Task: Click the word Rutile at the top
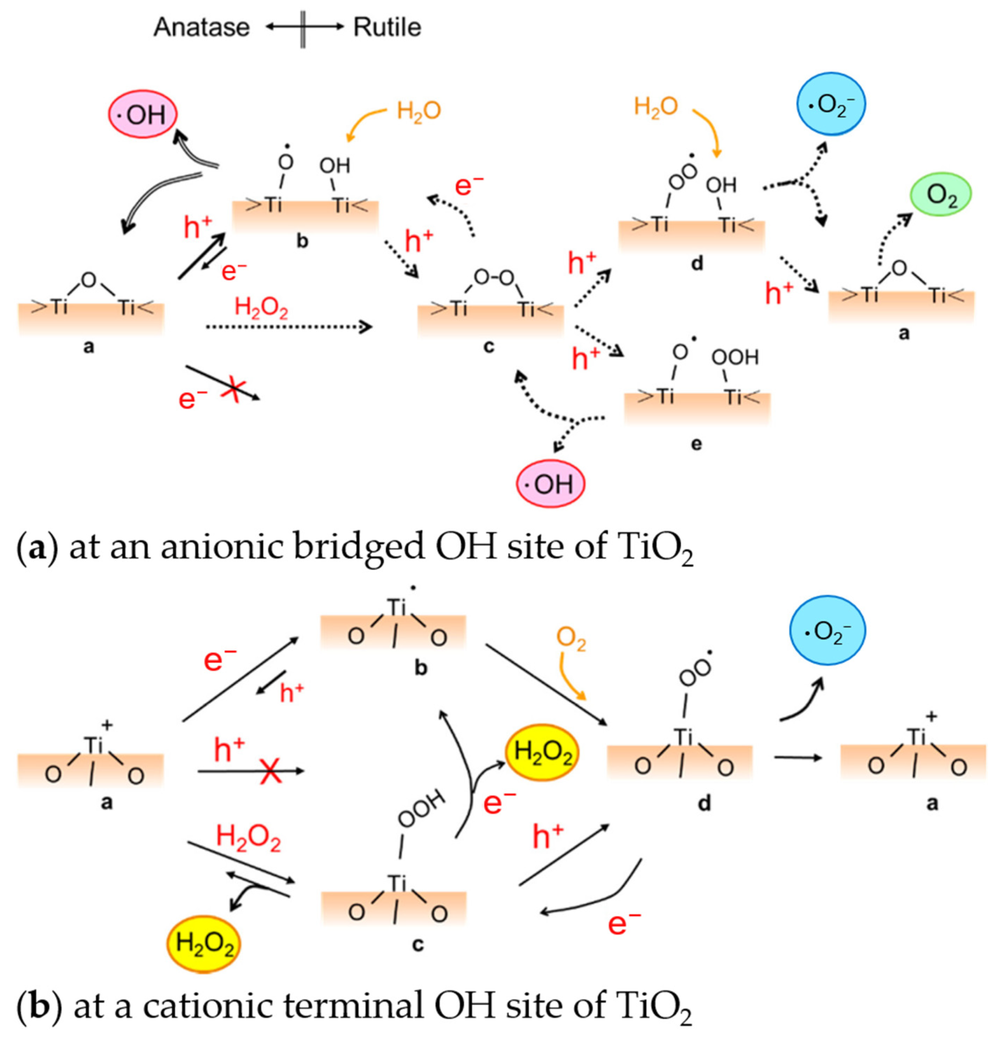387,27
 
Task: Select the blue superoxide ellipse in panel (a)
831,104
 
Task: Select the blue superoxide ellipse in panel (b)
827,630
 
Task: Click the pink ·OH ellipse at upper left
142,114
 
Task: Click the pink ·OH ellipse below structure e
550,484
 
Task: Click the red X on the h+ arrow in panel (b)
271,771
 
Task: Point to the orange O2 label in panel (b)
571,639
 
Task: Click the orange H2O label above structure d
656,106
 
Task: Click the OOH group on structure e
735,357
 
